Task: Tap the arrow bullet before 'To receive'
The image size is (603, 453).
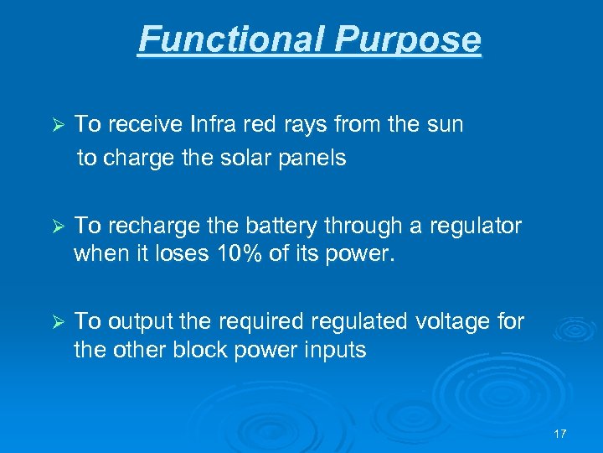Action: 58,125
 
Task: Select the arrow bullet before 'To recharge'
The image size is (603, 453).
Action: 58,226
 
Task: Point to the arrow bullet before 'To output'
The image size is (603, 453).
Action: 58,321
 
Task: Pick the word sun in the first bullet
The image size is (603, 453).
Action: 443,125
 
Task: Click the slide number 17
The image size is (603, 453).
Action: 560,434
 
